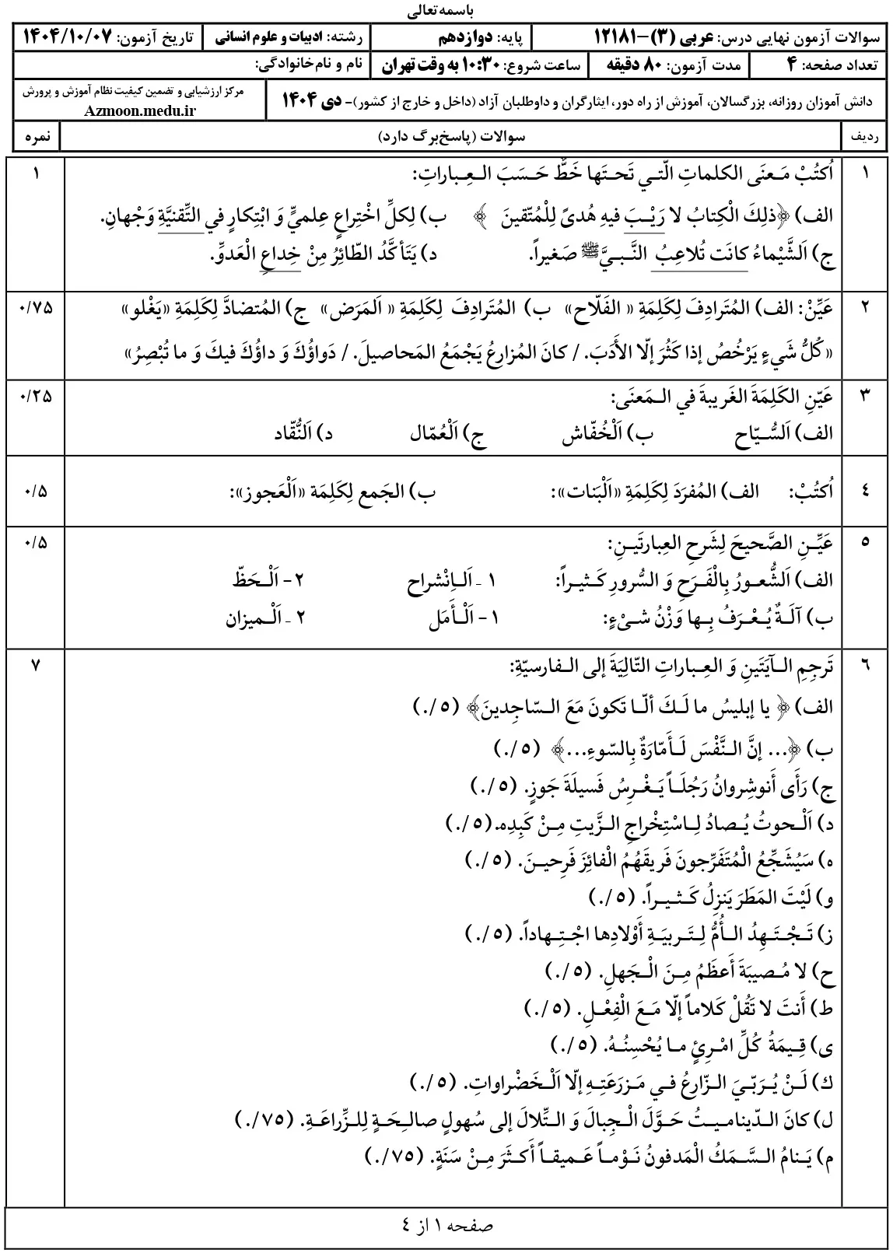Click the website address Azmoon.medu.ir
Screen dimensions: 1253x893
click(x=142, y=110)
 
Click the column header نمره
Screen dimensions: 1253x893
click(x=36, y=137)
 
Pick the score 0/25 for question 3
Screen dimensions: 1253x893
click(x=35, y=395)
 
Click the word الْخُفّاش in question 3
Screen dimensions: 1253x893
click(x=594, y=434)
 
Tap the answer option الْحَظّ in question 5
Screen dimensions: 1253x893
click(x=255, y=581)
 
